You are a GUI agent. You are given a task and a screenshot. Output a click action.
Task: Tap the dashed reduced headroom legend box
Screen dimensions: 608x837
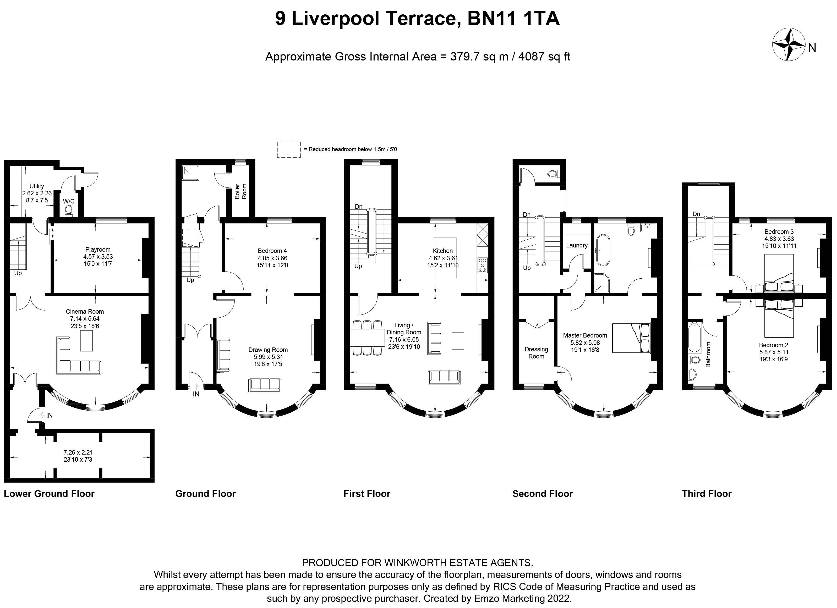289,150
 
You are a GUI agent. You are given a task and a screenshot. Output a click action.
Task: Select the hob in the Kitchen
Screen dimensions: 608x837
482,265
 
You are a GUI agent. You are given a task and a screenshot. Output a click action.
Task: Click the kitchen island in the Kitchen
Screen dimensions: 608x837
445,257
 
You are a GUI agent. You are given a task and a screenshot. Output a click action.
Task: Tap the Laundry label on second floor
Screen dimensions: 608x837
576,245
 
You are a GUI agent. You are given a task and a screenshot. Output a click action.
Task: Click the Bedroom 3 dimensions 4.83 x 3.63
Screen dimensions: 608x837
779,239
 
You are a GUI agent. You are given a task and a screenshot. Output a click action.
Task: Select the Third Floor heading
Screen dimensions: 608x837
706,494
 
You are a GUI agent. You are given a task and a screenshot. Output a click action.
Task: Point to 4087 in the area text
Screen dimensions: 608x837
532,57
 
